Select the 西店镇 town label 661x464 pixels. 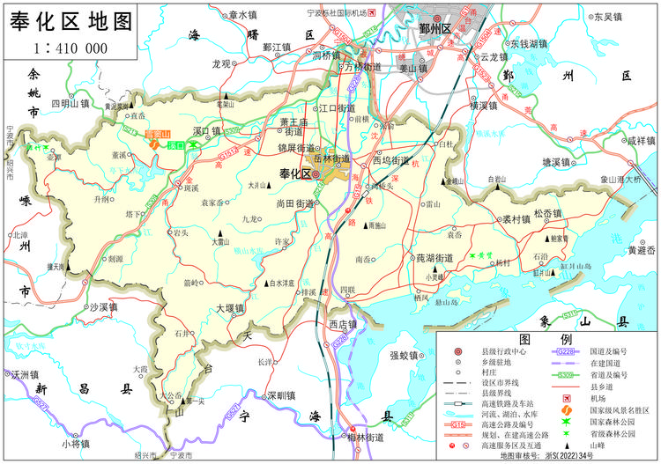tap(342, 324)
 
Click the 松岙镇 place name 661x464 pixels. tap(547, 214)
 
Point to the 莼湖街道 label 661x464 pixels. tap(422, 258)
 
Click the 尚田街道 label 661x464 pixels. tap(296, 203)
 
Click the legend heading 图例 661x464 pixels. tap(546, 339)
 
